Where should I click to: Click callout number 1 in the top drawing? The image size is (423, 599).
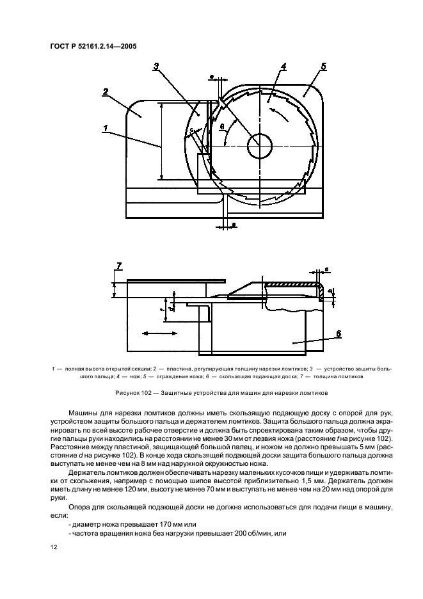[x=104, y=129]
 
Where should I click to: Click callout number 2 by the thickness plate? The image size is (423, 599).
[x=104, y=91]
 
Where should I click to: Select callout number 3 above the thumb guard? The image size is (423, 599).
[x=157, y=67]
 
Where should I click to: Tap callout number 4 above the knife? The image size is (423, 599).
[x=283, y=67]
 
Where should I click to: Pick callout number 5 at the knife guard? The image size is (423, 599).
[x=323, y=67]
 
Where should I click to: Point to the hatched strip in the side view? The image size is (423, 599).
[x=292, y=284]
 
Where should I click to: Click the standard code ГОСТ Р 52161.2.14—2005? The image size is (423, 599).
[x=92, y=46]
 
